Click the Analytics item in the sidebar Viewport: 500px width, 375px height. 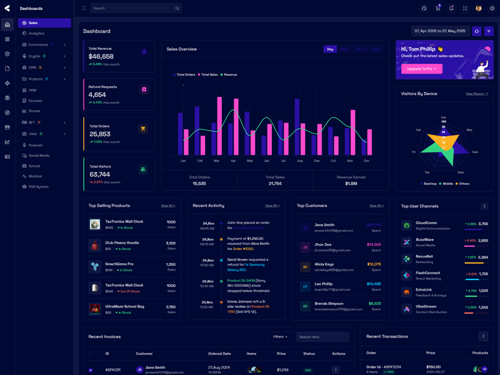pyautogui.click(x=36, y=33)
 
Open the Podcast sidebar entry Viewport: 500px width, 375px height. pyautogui.click(x=36, y=145)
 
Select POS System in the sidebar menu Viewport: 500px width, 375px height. pyautogui.click(x=38, y=186)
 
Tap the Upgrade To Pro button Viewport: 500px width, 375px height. pyautogui.click(x=422, y=69)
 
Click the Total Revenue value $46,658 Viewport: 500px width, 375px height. pyautogui.click(x=101, y=56)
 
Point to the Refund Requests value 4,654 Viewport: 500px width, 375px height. pyautogui.click(x=97, y=95)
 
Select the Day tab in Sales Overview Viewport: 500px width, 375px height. pyautogui.click(x=330, y=49)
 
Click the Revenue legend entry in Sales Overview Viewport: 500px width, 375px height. pyautogui.click(x=230, y=74)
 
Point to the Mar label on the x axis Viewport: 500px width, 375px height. pyautogui.click(x=216, y=161)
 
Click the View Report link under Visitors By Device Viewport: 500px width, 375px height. pyautogui.click(x=476, y=94)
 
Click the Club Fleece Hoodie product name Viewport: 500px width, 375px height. pyautogui.click(x=122, y=242)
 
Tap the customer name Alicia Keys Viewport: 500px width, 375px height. pyautogui.click(x=324, y=264)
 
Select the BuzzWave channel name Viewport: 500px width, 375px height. pyautogui.click(x=424, y=239)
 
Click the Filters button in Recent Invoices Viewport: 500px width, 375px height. pyautogui.click(x=280, y=337)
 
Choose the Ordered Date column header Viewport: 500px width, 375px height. pyautogui.click(x=219, y=354)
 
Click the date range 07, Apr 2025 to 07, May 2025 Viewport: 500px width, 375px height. pyautogui.click(x=440, y=31)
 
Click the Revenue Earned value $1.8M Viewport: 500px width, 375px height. pyautogui.click(x=351, y=183)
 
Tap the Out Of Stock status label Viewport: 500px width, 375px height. pyautogui.click(x=130, y=291)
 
